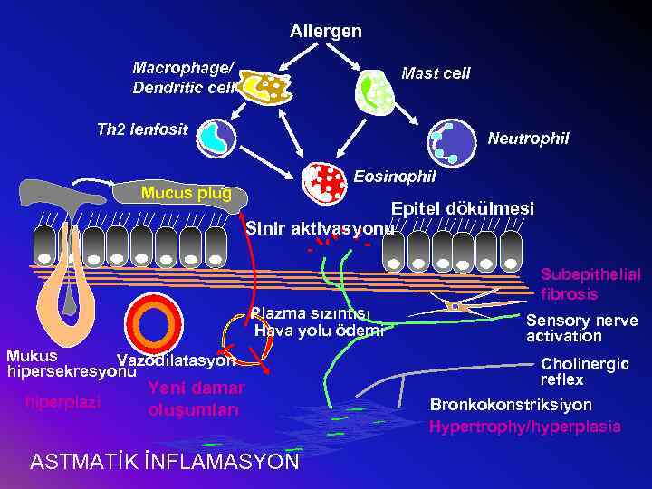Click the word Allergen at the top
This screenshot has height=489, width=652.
(x=325, y=32)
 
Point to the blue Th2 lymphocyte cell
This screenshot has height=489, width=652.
(x=216, y=137)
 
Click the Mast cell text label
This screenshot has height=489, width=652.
(x=436, y=73)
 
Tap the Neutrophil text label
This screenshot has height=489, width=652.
(x=528, y=139)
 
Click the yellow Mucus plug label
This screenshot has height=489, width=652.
(x=186, y=193)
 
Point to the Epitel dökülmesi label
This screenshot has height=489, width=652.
(x=462, y=208)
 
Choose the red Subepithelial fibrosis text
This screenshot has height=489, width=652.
(x=590, y=283)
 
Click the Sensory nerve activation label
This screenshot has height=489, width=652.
(x=581, y=328)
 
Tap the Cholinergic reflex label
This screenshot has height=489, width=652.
(x=584, y=371)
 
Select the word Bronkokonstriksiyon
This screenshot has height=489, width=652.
(x=511, y=405)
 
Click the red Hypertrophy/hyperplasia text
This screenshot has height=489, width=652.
(x=525, y=426)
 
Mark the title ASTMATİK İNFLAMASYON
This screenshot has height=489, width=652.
(x=164, y=461)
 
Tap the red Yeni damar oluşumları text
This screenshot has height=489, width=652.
(x=196, y=398)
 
